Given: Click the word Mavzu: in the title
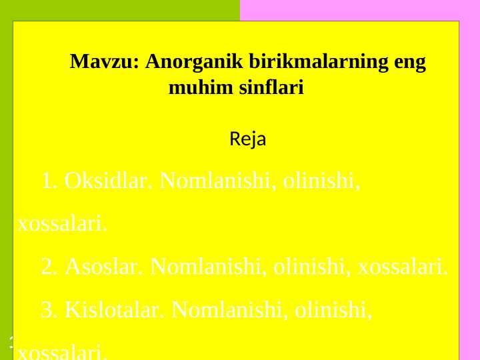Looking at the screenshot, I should (104, 63).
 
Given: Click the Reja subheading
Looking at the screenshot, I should (248, 140).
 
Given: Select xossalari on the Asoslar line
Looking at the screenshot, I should (403, 267).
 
